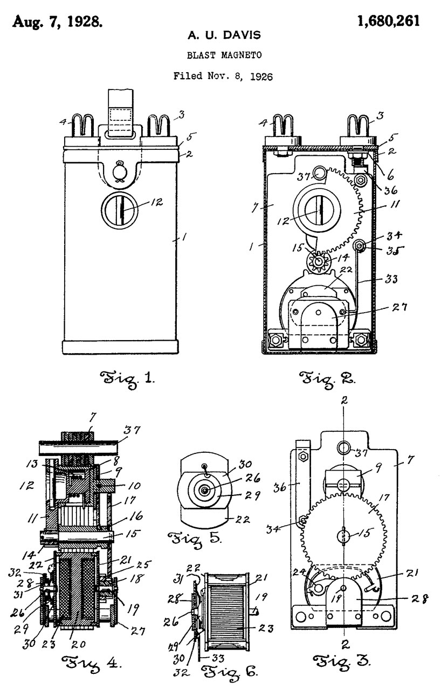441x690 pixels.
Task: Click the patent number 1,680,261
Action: click(x=388, y=21)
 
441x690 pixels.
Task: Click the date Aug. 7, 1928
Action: click(x=57, y=22)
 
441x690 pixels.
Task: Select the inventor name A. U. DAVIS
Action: click(x=224, y=35)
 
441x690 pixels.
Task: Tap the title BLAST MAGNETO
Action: click(x=224, y=55)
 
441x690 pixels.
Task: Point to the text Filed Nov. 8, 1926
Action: click(x=223, y=76)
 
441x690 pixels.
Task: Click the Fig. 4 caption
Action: click(x=92, y=663)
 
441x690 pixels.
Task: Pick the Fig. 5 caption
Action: click(x=194, y=539)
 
